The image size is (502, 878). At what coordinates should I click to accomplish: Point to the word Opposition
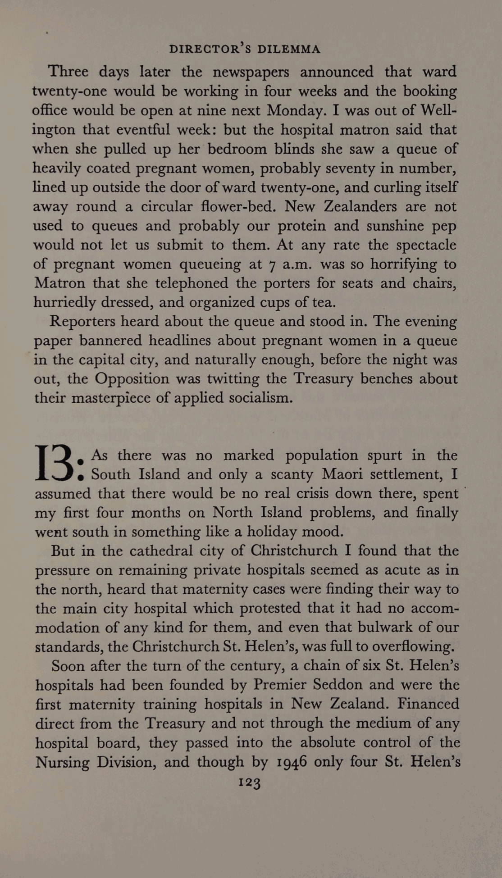(x=132, y=379)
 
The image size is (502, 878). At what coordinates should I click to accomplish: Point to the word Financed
(x=429, y=704)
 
